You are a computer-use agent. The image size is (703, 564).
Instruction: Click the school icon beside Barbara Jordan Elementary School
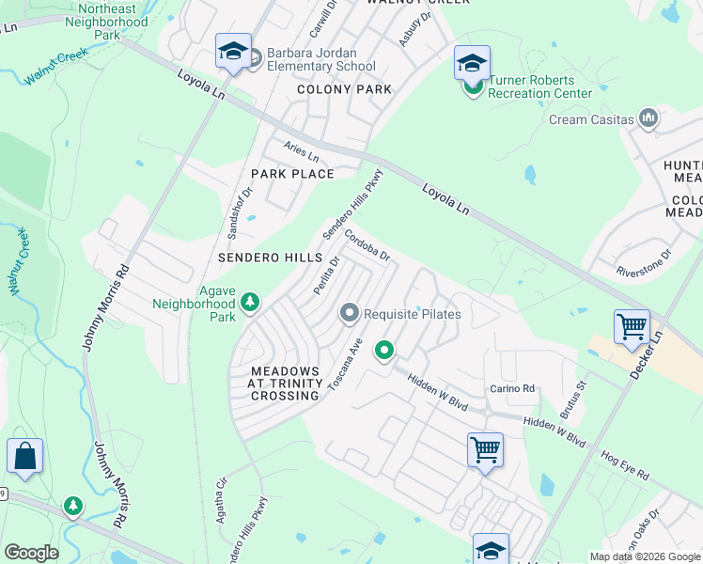click(x=232, y=52)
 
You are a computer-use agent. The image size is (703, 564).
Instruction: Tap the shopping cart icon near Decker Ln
click(x=632, y=328)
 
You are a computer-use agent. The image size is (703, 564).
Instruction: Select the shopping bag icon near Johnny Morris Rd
click(x=24, y=457)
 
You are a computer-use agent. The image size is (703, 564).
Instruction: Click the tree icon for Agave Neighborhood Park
click(x=250, y=302)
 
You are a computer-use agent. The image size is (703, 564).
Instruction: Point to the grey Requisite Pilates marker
click(x=351, y=312)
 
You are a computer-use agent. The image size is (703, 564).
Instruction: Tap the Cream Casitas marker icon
click(x=648, y=119)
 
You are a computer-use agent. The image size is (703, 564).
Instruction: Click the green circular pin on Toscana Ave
click(x=383, y=352)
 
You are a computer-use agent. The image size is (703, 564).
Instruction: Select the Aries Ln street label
click(x=302, y=150)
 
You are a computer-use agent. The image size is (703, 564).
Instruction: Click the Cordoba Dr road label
click(x=367, y=245)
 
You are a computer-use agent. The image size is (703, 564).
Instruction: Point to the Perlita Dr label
click(x=326, y=276)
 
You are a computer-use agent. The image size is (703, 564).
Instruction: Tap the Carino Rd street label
click(x=511, y=388)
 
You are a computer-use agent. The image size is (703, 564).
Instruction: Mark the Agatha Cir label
click(x=222, y=496)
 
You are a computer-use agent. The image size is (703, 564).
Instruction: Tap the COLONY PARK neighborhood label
click(x=344, y=89)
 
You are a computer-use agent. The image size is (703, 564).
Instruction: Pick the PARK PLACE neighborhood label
click(x=291, y=174)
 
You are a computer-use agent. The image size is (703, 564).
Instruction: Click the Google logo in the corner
click(x=31, y=553)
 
